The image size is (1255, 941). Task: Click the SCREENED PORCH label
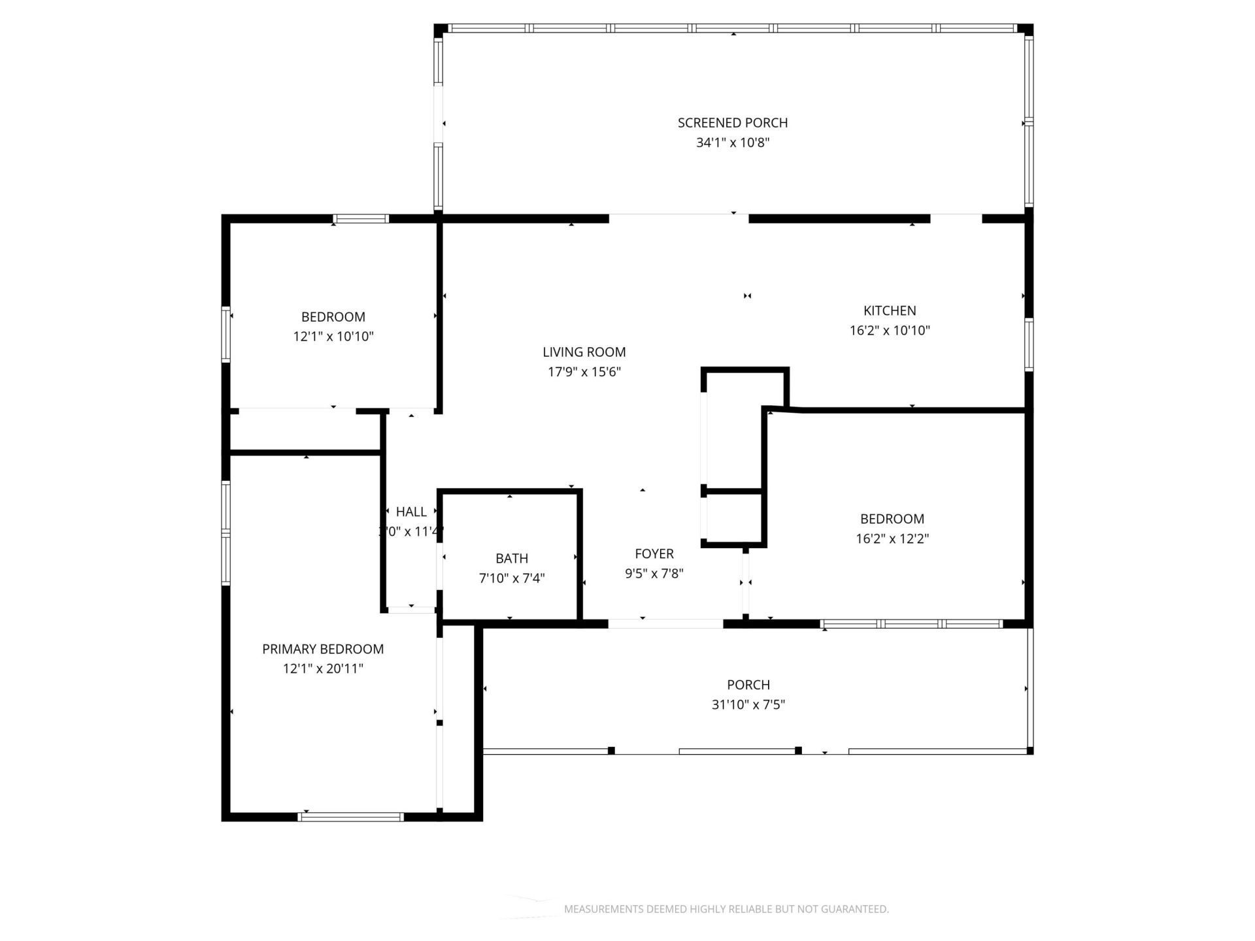point(732,123)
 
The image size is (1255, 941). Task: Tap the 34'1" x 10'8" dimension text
point(732,142)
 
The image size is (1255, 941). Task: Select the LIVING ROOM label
point(584,352)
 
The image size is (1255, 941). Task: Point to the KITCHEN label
point(889,311)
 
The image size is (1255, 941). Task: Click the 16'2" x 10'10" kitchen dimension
point(889,331)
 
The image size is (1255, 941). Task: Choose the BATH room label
point(511,559)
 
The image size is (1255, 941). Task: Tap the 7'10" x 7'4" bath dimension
point(511,578)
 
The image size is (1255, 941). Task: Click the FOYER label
point(654,554)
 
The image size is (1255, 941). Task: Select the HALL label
point(411,512)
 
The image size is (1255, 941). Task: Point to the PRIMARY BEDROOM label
point(322,649)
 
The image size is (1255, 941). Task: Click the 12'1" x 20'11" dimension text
point(322,669)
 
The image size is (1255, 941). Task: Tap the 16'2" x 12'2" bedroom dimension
point(892,539)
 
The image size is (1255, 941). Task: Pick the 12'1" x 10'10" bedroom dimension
point(333,337)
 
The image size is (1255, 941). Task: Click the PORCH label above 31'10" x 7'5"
point(748,685)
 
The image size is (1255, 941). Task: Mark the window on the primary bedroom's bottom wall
point(351,817)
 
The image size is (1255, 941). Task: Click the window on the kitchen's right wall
point(1028,344)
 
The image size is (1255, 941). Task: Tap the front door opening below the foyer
point(665,624)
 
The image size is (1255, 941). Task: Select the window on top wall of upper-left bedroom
point(361,219)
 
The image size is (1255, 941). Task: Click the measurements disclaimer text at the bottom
point(726,909)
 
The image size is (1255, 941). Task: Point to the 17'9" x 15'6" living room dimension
point(584,372)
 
